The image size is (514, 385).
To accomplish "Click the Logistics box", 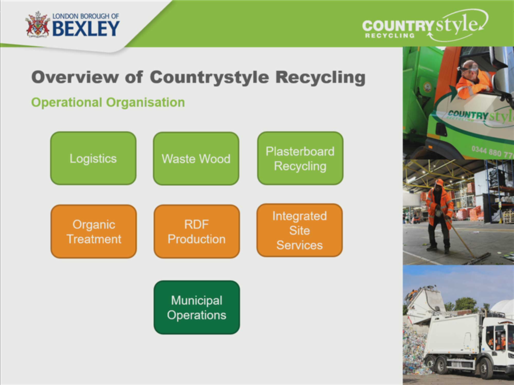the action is (x=93, y=158).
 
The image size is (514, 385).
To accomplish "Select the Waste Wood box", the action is (x=196, y=159).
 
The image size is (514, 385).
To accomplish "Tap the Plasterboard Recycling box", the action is (x=300, y=158).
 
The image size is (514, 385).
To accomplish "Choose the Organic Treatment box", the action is (x=94, y=232).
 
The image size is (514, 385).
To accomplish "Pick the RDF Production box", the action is (x=197, y=232).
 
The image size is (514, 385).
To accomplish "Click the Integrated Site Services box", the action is (x=300, y=230).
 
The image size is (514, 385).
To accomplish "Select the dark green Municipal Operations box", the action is (x=197, y=307).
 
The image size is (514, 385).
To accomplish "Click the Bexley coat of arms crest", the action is (x=38, y=25).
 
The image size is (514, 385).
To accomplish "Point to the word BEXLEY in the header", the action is (x=86, y=28).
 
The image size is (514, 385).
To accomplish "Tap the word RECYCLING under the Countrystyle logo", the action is (x=390, y=36).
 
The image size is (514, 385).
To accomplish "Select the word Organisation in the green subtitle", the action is (x=145, y=102).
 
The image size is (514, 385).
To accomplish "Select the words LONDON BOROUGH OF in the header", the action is (x=86, y=16).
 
